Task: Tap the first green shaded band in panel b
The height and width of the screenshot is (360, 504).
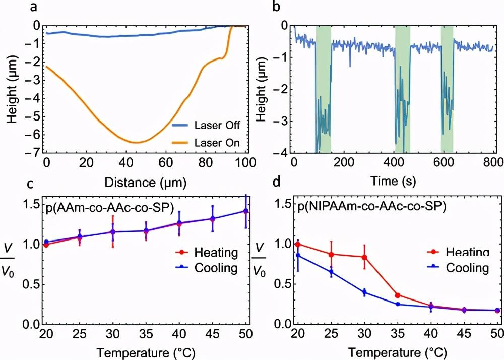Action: coord(323,88)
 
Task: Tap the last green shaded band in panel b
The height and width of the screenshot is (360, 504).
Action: coord(447,88)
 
